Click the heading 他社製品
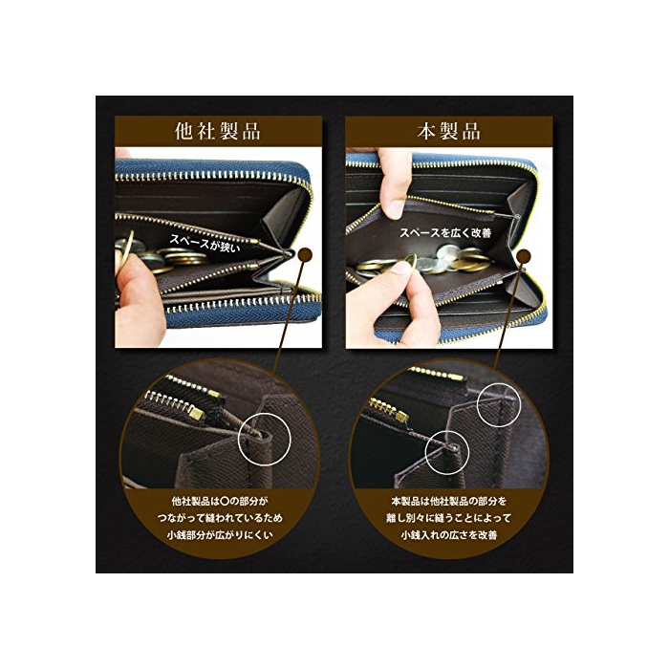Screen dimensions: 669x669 click(218, 131)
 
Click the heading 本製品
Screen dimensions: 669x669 click(449, 131)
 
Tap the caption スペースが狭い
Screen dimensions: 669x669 click(205, 243)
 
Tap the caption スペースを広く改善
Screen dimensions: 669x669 click(445, 233)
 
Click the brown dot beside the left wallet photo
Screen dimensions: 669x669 click(306, 255)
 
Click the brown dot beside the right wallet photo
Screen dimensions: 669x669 click(524, 256)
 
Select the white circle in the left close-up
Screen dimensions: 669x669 click(265, 439)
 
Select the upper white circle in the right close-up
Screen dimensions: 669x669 click(499, 403)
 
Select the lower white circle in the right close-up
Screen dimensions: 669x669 click(447, 452)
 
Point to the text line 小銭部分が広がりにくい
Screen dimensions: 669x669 click(220, 535)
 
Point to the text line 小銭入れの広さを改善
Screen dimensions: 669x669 click(449, 535)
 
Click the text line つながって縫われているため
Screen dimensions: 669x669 click(220, 518)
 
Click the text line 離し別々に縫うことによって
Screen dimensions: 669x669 click(449, 518)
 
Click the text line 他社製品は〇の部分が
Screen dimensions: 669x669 click(220, 501)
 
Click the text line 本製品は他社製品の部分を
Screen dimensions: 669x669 click(449, 501)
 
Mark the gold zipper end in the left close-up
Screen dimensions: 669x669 click(197, 412)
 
